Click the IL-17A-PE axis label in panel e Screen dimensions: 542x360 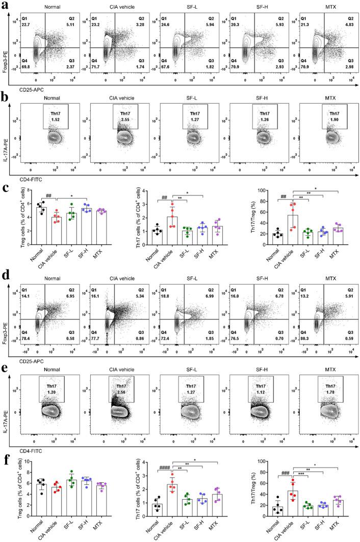pyautogui.click(x=6, y=408)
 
